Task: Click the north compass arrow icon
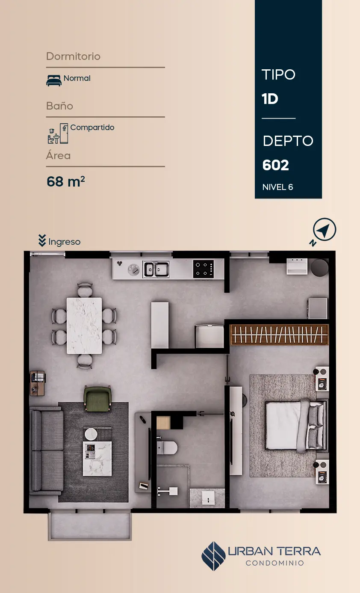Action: point(324,229)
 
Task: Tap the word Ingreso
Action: point(64,242)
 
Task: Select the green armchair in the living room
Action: point(97,399)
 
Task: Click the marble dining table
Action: point(84,326)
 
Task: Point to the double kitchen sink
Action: point(156,269)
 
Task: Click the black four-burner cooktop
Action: point(204,269)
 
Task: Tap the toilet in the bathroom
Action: point(167,448)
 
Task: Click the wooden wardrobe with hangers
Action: point(279,335)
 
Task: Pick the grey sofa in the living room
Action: point(47,451)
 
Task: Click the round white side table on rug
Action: point(91,434)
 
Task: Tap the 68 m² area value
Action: point(66,181)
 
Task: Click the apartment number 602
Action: point(276,165)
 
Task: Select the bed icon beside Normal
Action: point(54,80)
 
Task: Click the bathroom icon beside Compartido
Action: point(58,133)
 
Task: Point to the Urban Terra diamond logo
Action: point(213,556)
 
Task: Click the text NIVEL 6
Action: point(278,187)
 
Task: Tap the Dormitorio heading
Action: point(73,56)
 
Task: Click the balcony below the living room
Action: point(90,525)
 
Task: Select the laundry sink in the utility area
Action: point(297,266)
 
